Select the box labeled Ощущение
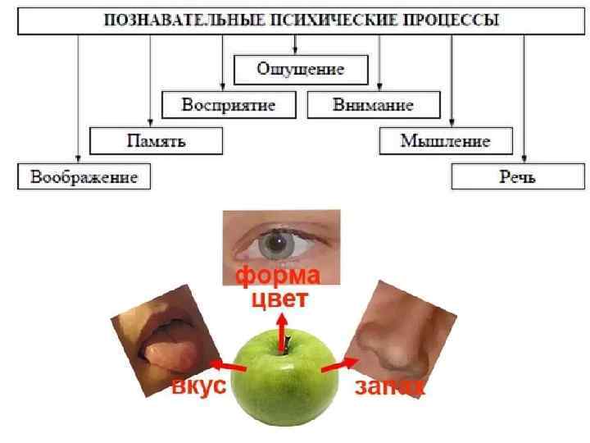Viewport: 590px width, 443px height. pyautogui.click(x=301, y=69)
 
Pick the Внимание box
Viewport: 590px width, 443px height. pyautogui.click(x=373, y=105)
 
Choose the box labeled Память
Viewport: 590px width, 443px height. pyautogui.click(x=156, y=140)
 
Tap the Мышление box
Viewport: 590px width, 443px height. pyautogui.click(x=445, y=140)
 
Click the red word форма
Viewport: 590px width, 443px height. pyautogui.click(x=278, y=276)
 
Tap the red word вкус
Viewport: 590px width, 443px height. pyautogui.click(x=197, y=386)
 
